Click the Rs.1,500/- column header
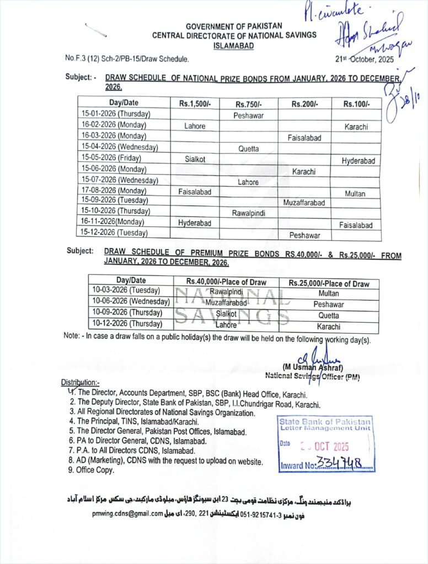(x=195, y=103)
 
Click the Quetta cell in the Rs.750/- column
(x=248, y=149)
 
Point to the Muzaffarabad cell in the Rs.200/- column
(x=304, y=203)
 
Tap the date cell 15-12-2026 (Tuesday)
(x=115, y=233)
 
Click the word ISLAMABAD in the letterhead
(x=234, y=46)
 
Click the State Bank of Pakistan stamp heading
(x=325, y=422)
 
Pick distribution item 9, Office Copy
(x=92, y=470)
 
